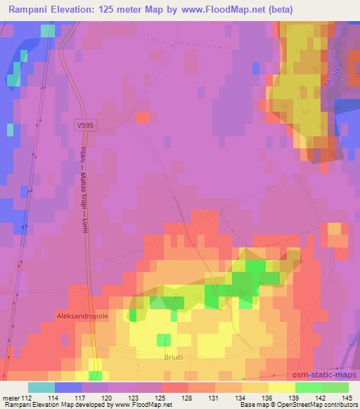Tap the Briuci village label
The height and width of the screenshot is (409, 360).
pos(168,356)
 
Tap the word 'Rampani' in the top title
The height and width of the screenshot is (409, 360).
pos(28,9)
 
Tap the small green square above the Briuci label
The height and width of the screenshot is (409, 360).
pos(163,340)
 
